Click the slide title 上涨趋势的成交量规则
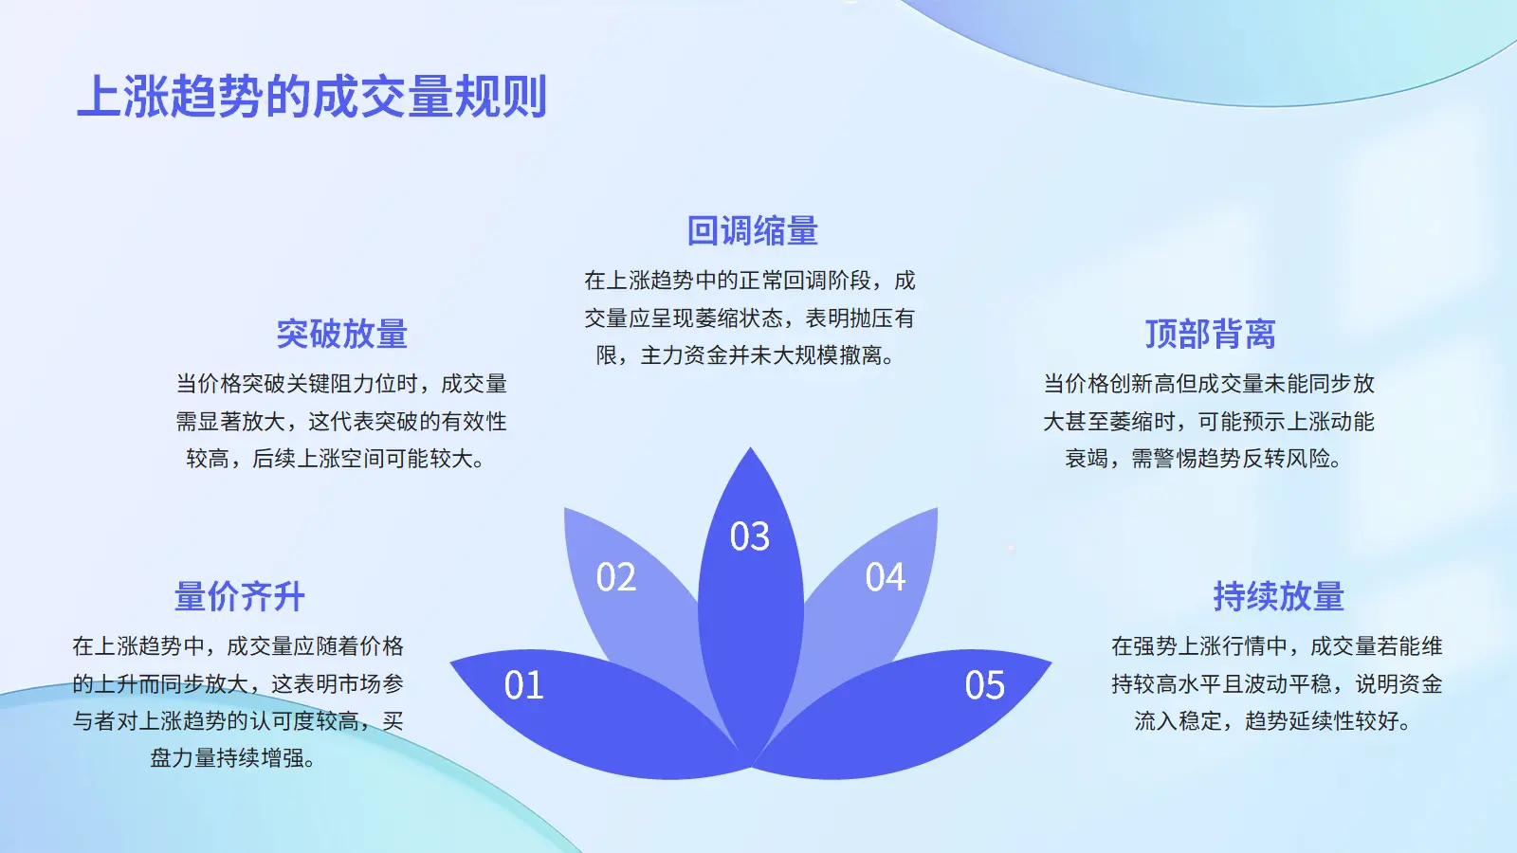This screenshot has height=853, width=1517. point(312,97)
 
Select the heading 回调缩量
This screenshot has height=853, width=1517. point(752,230)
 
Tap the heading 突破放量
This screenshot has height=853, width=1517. point(341,334)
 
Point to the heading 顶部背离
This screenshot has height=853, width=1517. point(1210,334)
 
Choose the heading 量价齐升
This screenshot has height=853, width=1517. point(239,596)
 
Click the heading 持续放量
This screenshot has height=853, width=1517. point(1278,596)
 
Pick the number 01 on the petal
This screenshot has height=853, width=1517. point(523,685)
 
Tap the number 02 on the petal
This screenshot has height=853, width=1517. point(615,577)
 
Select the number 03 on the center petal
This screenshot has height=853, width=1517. point(750,536)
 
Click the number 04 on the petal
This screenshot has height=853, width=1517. point(886,577)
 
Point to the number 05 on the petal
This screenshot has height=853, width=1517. point(985,685)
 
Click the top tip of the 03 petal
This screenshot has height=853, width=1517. point(750,446)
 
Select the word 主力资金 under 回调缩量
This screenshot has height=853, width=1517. point(684,354)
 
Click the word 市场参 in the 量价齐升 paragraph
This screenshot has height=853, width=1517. point(371,683)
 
